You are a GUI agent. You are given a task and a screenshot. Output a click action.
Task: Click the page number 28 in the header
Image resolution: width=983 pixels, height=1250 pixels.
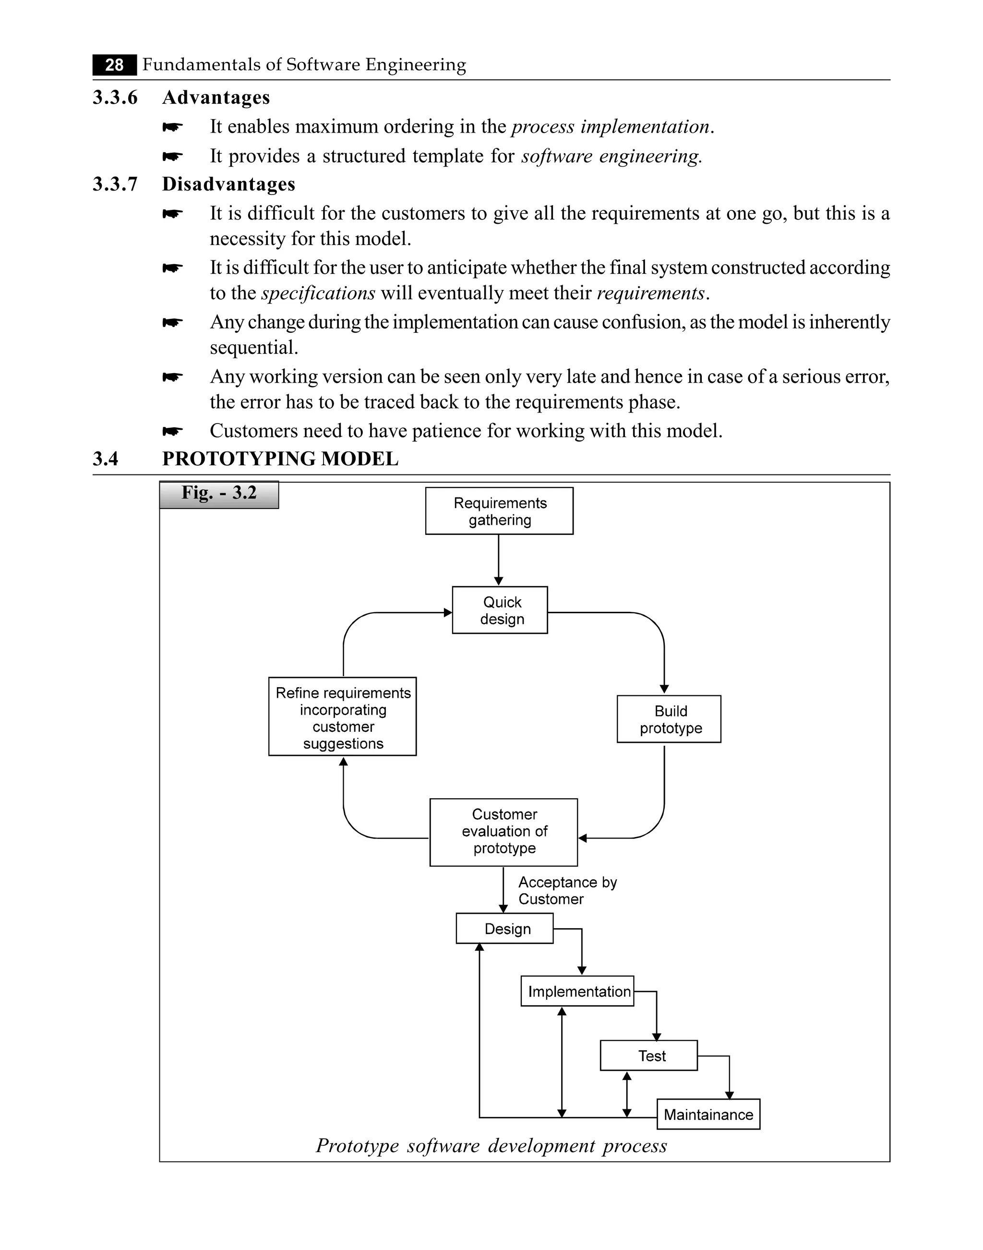(x=115, y=65)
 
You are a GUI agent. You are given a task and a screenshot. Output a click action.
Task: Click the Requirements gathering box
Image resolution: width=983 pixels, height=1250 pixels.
(x=499, y=511)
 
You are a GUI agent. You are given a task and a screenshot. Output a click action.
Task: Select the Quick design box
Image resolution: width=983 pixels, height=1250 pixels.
(x=500, y=610)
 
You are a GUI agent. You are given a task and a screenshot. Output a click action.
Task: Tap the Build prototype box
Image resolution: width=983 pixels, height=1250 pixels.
(x=669, y=719)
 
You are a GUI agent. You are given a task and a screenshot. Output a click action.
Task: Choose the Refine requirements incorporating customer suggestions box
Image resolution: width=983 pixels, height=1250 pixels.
(x=342, y=717)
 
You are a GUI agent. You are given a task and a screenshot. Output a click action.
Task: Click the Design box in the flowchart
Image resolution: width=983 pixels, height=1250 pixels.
(x=505, y=929)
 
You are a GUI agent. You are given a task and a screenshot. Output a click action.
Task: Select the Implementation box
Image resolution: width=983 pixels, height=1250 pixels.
(x=577, y=992)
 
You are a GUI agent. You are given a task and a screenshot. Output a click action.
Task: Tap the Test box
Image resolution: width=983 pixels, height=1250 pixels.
(x=648, y=1056)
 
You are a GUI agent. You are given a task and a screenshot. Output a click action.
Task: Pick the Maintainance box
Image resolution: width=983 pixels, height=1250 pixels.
(x=708, y=1115)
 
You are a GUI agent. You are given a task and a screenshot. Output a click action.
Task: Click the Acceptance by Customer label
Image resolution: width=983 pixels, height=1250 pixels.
(x=566, y=891)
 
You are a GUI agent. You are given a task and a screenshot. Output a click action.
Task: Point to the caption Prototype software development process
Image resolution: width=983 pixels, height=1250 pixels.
(x=491, y=1146)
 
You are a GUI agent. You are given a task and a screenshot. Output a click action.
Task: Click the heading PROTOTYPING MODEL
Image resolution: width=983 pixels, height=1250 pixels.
(x=280, y=459)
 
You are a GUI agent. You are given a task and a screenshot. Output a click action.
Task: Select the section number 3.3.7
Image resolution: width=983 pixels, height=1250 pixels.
(x=115, y=184)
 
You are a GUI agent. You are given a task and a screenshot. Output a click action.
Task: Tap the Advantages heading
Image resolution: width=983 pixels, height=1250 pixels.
(x=216, y=97)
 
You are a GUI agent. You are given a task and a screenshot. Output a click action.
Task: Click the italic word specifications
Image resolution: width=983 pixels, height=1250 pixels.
(x=318, y=293)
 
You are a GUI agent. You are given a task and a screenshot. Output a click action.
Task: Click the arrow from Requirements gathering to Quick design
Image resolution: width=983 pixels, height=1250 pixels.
(x=498, y=559)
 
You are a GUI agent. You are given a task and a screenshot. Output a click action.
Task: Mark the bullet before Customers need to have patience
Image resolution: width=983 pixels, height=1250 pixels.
(x=172, y=431)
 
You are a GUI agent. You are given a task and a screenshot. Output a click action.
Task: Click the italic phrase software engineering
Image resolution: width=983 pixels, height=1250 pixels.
(x=611, y=156)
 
